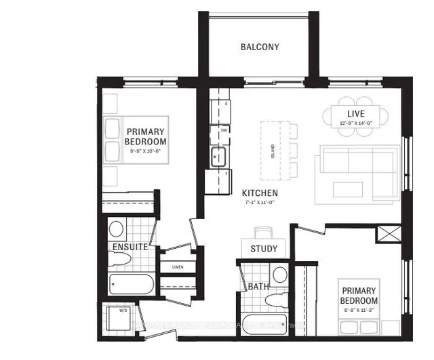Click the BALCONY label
pyautogui.click(x=260, y=47)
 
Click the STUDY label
pyautogui.click(x=263, y=249)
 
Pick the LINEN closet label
pyautogui.click(x=178, y=266)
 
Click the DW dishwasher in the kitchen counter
pyautogui.click(x=223, y=129)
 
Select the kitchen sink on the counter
pyautogui.click(x=219, y=158)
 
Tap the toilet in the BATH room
pyautogui.click(x=279, y=275)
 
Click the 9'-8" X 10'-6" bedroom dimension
pyautogui.click(x=145, y=151)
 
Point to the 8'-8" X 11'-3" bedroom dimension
pyautogui.click(x=359, y=311)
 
